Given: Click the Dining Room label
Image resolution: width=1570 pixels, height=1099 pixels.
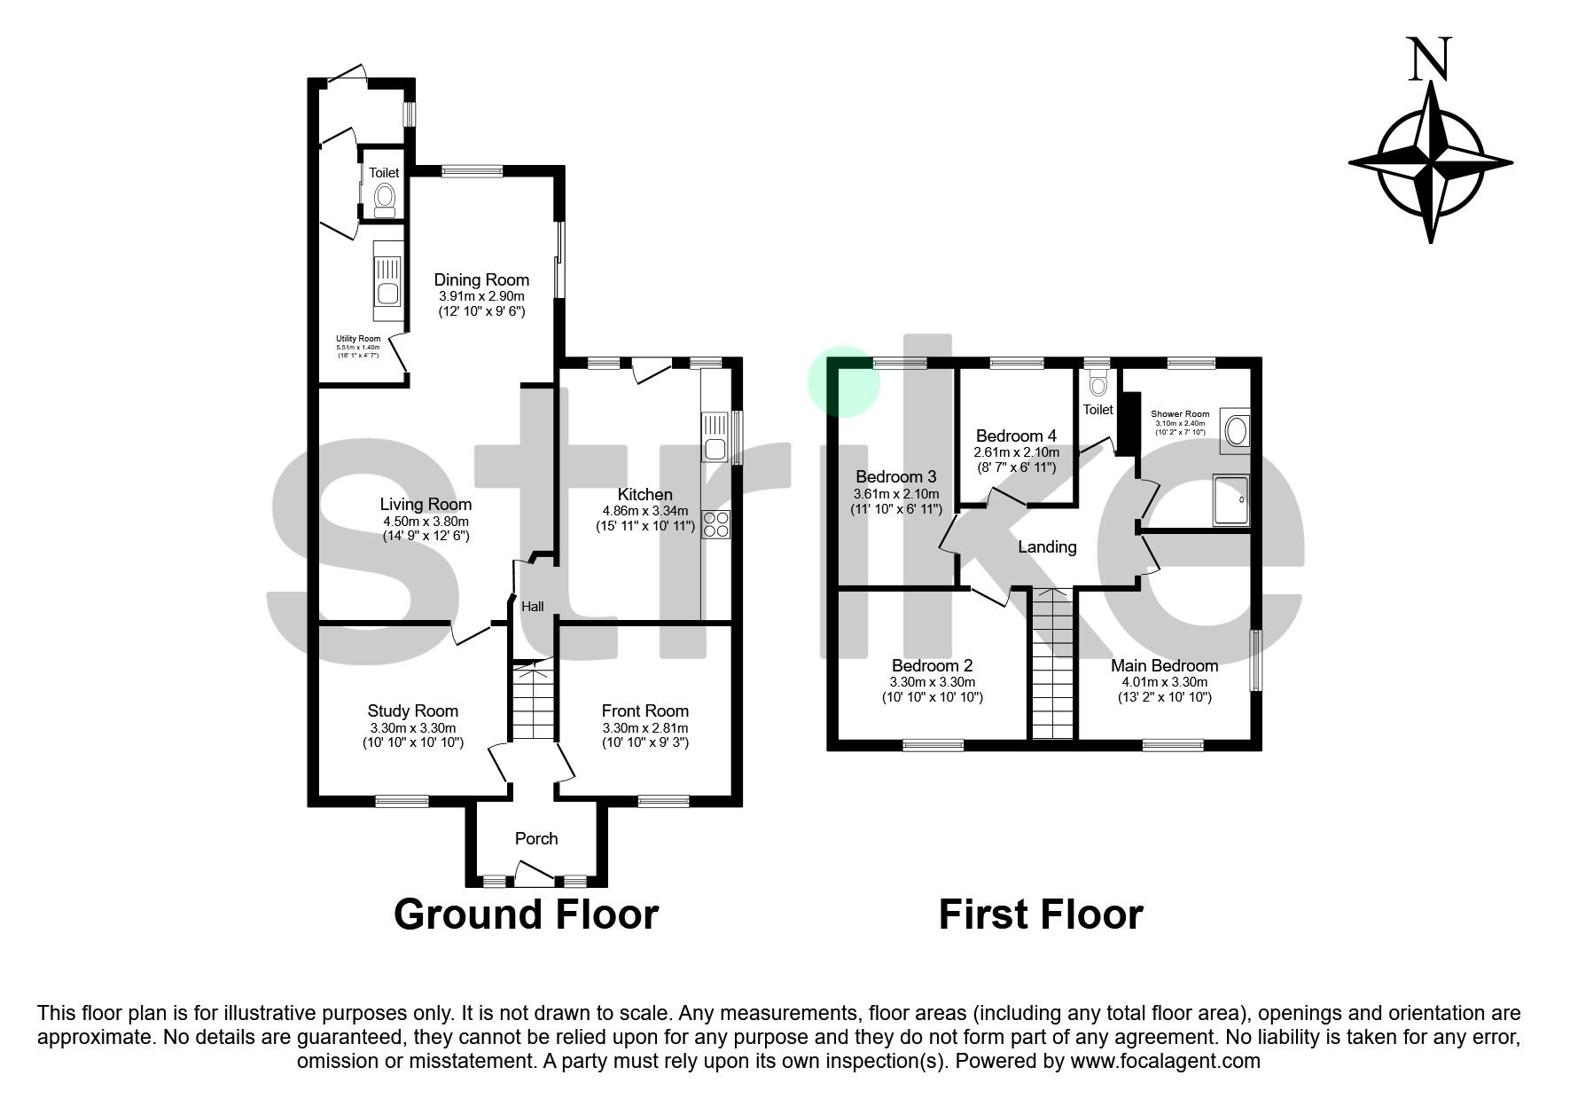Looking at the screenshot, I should click(x=481, y=279).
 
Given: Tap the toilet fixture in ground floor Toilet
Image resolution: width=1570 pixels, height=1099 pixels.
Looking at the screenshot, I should click(x=385, y=200).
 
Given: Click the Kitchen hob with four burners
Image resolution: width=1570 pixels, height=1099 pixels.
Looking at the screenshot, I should click(x=715, y=525).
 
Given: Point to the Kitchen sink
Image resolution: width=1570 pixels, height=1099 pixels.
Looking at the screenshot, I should click(x=714, y=439).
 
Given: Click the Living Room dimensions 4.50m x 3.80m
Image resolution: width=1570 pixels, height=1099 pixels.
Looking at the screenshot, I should click(x=426, y=521).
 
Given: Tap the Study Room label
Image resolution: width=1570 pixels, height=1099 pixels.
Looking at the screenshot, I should click(x=413, y=710).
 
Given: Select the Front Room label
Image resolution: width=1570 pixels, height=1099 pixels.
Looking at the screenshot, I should click(x=644, y=710).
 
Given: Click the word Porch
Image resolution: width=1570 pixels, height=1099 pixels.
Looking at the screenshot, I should click(x=536, y=838).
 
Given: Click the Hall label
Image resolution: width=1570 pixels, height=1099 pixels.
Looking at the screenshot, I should click(x=533, y=607).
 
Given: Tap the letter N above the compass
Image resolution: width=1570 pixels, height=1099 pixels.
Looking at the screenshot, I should click(x=1430, y=59).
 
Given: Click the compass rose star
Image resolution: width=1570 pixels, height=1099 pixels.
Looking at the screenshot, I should click(x=1430, y=164).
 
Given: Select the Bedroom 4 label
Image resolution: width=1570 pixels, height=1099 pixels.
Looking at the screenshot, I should click(x=1016, y=436).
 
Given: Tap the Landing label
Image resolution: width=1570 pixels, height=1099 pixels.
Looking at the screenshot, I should click(x=1047, y=546).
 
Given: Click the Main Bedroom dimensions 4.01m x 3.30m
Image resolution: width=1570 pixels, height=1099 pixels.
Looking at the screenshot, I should click(x=1165, y=682).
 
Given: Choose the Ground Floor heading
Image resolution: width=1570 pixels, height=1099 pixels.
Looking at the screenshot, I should click(x=526, y=914).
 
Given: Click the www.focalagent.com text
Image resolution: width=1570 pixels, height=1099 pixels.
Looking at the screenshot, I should click(x=1165, y=1061).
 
